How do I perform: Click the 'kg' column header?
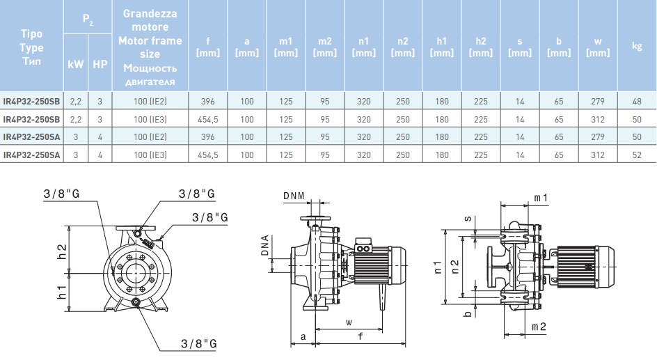(x=636, y=47)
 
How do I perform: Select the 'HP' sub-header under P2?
(x=100, y=63)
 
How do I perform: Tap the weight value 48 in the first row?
(x=636, y=101)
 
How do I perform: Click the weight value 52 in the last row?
(x=636, y=155)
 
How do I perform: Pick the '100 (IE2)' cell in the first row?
(x=150, y=101)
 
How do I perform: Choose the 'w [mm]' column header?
(x=597, y=47)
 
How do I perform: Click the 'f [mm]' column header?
(x=208, y=47)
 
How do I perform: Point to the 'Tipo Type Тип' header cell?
(x=32, y=47)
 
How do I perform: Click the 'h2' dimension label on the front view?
(x=61, y=249)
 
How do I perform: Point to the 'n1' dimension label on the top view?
(x=437, y=265)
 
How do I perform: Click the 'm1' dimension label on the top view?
(x=541, y=198)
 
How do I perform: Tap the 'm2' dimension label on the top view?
(x=538, y=326)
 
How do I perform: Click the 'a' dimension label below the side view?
(x=303, y=336)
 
